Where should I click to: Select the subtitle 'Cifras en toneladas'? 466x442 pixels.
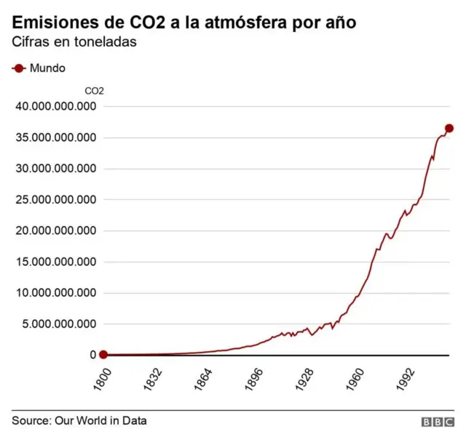[x=75, y=42]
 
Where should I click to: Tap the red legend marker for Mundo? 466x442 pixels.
[x=18, y=68]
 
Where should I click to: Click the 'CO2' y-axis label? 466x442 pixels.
[x=95, y=91]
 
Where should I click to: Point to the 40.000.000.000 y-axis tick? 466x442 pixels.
[x=56, y=107]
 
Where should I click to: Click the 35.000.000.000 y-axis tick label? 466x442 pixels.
[x=56, y=138]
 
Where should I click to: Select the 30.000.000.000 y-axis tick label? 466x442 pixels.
[x=56, y=169]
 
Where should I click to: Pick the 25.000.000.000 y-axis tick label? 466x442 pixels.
[x=56, y=200]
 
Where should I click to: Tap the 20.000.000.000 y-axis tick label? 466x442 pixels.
[x=56, y=231]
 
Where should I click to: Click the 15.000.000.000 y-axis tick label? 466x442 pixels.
[x=56, y=262]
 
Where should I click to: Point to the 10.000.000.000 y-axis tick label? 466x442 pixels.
[x=56, y=293]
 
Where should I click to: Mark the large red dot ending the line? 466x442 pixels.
[x=449, y=128]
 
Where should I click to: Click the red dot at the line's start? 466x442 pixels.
[x=103, y=355]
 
